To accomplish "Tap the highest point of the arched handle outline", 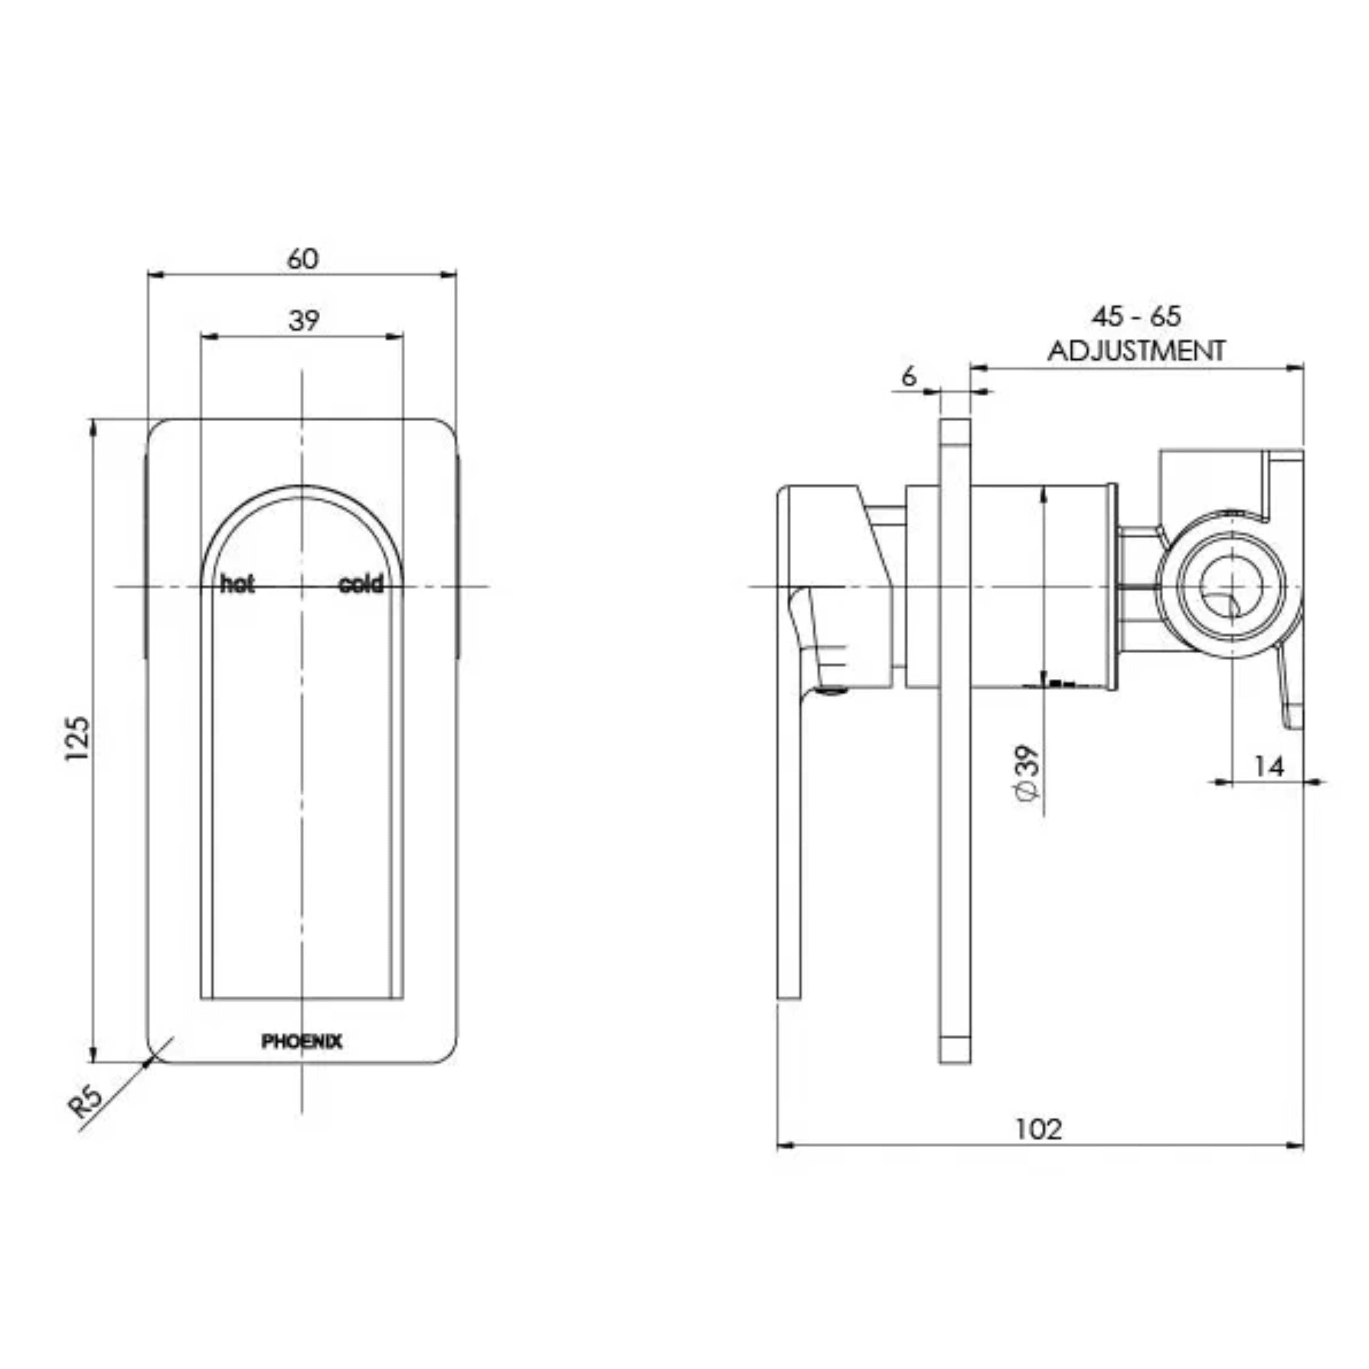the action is [303, 486].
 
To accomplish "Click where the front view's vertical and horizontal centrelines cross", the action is [303, 587].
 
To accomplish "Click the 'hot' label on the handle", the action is [237, 585].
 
